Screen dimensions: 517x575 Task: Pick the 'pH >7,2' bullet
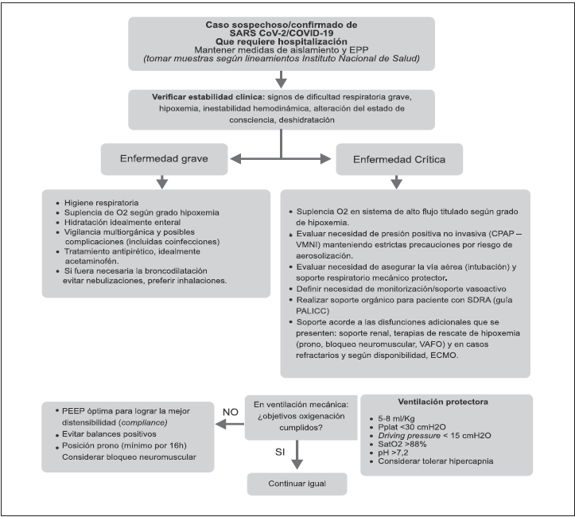397,453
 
